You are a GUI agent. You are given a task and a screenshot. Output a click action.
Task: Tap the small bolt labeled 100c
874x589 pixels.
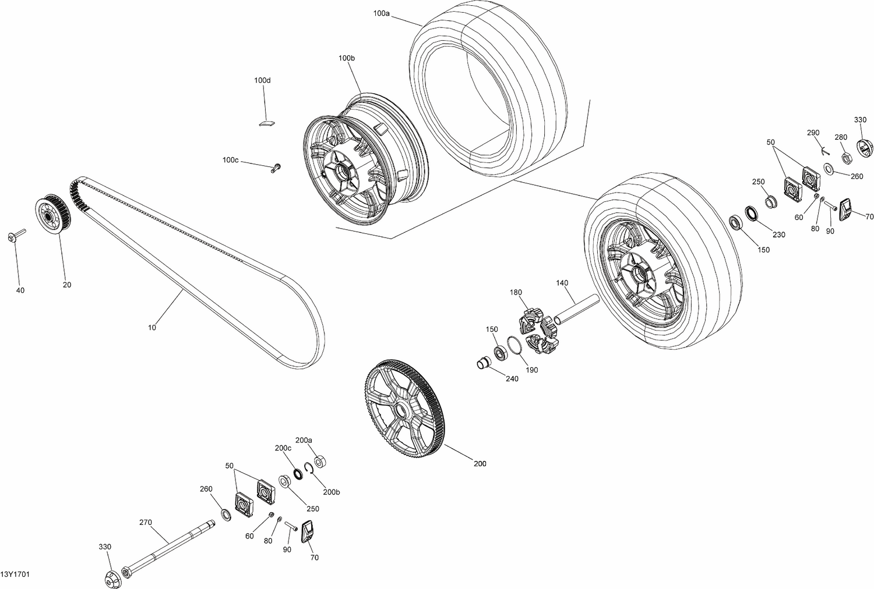point(275,168)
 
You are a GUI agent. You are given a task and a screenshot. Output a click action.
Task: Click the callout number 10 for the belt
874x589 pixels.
point(152,328)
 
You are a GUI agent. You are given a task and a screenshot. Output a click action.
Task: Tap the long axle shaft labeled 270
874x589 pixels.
point(169,548)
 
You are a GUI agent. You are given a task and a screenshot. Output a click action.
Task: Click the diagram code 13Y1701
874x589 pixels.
point(15,574)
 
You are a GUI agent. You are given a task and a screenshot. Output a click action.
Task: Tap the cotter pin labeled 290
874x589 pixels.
point(824,150)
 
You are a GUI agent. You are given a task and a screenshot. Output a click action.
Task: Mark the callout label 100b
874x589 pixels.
point(346,58)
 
